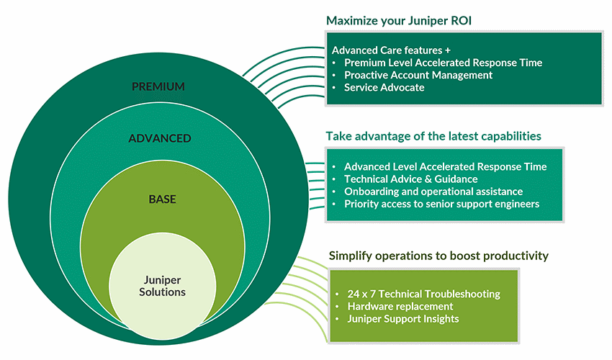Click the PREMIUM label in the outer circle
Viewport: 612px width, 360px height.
coord(158,87)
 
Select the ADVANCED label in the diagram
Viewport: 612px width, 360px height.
coord(159,138)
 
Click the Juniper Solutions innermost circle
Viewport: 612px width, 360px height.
coord(163,286)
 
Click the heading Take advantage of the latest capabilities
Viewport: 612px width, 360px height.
coord(433,136)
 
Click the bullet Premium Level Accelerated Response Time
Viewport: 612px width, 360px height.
coord(443,63)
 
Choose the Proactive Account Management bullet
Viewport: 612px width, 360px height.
coord(418,75)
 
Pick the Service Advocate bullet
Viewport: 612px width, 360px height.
coord(384,87)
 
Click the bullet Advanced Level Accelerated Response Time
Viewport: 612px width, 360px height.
coord(445,167)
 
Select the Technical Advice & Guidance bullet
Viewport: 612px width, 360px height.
coord(410,179)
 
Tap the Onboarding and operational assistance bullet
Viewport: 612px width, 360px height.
coord(433,192)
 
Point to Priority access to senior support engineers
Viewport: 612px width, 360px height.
coord(441,204)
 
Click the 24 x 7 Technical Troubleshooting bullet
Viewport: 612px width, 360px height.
coord(423,294)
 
